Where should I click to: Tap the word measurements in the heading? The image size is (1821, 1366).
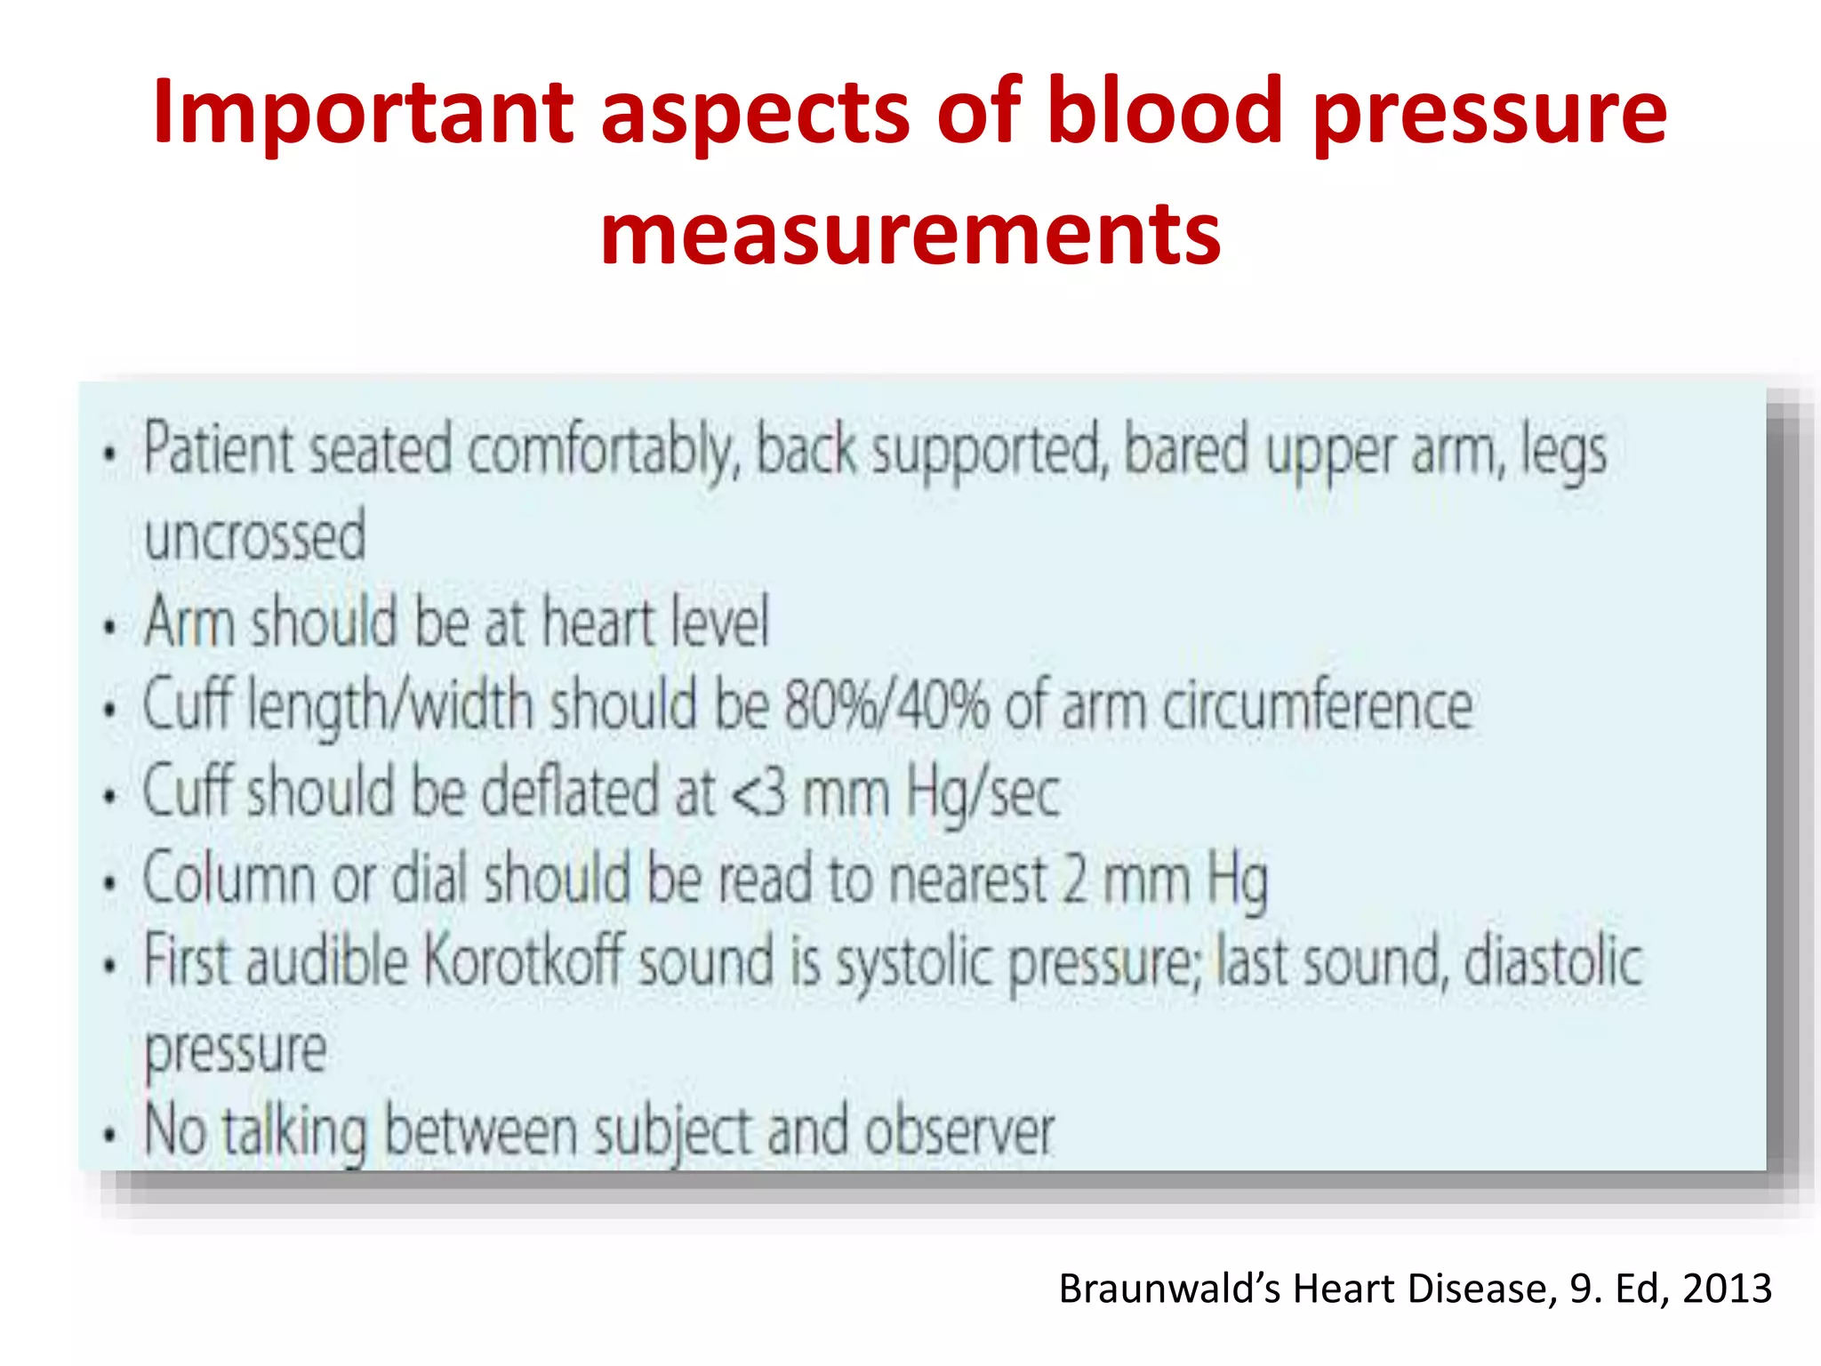click(910, 233)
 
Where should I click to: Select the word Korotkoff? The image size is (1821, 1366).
click(523, 961)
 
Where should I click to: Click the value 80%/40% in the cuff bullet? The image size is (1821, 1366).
click(886, 705)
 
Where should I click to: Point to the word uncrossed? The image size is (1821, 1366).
click(255, 536)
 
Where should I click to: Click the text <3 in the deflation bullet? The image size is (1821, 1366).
click(759, 792)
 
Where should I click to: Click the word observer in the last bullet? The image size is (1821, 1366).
click(959, 1132)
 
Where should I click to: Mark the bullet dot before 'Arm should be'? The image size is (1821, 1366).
click(109, 627)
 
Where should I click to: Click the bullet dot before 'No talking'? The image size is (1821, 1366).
click(109, 1136)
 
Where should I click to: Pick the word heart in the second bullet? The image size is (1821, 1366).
click(598, 622)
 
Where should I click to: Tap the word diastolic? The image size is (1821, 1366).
click(1552, 961)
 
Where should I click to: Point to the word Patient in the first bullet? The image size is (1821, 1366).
click(218, 449)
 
